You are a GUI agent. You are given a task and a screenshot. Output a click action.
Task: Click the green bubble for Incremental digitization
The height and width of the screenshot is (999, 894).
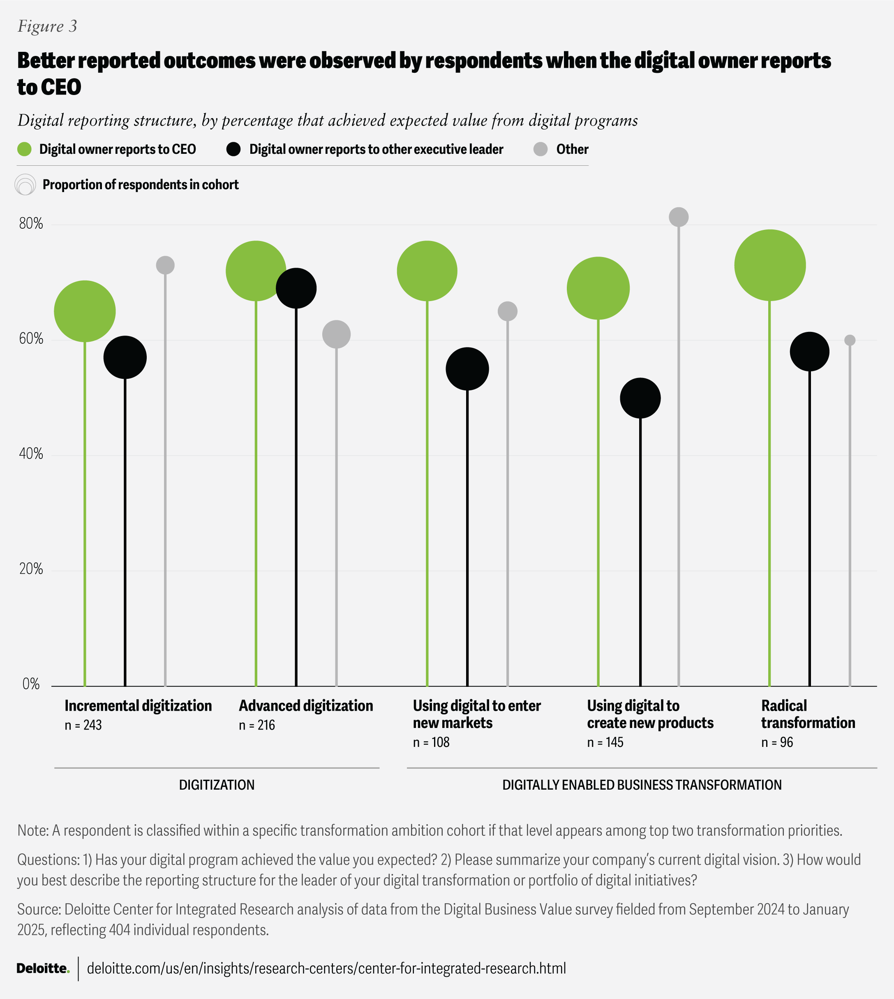[85, 311]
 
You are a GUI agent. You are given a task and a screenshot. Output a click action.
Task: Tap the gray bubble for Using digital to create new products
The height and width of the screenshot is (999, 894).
[678, 217]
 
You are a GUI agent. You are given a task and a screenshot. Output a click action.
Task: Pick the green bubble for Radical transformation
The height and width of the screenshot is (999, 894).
[770, 265]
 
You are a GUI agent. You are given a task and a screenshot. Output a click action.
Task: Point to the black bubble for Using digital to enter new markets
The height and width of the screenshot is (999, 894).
[467, 369]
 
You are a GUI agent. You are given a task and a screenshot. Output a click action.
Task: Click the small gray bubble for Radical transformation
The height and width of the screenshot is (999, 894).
[850, 340]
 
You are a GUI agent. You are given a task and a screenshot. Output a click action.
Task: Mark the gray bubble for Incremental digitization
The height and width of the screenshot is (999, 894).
[165, 265]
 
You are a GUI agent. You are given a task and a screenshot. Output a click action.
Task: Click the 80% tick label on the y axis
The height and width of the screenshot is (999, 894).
[31, 224]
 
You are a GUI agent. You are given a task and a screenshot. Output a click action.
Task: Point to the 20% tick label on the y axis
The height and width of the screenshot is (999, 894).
[31, 570]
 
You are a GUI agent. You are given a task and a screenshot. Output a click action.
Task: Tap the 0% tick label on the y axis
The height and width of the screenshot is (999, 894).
[31, 684]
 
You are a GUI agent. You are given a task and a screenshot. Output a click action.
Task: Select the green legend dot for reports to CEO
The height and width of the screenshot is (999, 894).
[25, 149]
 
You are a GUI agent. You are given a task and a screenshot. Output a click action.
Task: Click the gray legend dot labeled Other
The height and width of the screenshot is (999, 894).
[541, 149]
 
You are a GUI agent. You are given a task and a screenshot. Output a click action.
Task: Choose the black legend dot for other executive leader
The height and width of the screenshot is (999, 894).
[234, 149]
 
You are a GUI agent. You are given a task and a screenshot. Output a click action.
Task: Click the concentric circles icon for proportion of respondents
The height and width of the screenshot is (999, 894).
[25, 185]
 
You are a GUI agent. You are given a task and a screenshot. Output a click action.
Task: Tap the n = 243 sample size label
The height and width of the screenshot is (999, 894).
[83, 725]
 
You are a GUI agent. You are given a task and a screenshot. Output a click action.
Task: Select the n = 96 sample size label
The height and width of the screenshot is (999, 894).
[777, 742]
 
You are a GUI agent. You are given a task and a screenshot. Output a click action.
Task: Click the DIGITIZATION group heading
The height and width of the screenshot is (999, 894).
[217, 785]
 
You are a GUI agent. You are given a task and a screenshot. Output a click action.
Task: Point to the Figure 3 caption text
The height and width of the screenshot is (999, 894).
[48, 26]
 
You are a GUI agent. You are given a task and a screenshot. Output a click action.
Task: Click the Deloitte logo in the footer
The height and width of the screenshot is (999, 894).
[43, 968]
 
